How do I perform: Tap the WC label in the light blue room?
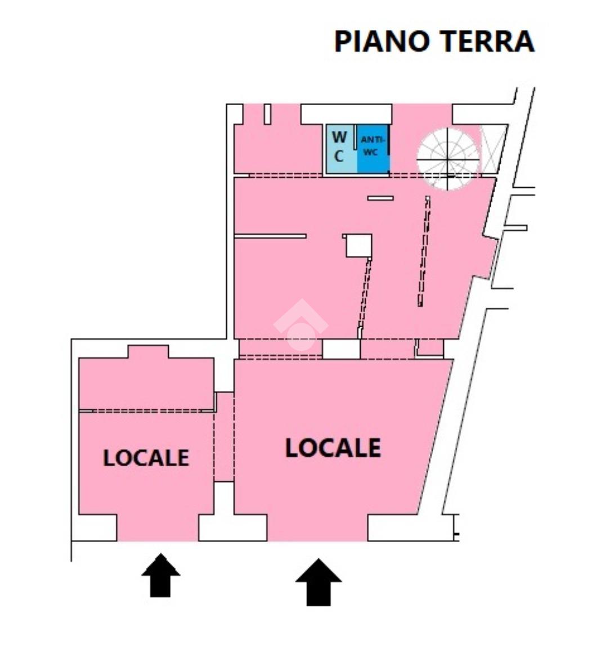click(339, 146)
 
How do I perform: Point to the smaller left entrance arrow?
click(161, 575)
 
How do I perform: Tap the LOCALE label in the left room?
click(146, 458)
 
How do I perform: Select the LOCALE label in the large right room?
click(333, 448)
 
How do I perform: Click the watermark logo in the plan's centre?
click(300, 326)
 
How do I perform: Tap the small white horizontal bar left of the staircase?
click(380, 198)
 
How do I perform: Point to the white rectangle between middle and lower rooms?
click(341, 349)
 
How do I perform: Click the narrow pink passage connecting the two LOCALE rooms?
click(224, 437)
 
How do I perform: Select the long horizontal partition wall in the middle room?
click(271, 236)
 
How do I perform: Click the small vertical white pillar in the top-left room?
click(268, 114)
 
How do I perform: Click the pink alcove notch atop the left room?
click(148, 352)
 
